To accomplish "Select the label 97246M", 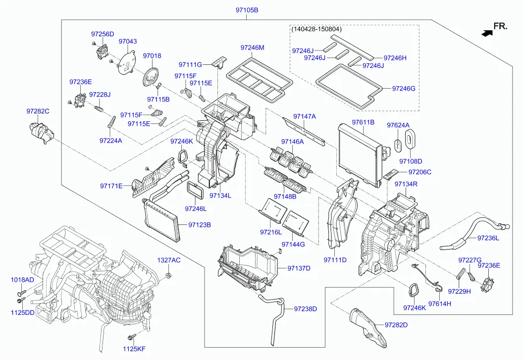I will pos(252,48).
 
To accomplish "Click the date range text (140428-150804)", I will pos(316,29).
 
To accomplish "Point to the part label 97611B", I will pos(363,122).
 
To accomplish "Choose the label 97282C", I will pos(38,111).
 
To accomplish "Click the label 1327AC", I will pos(169,260).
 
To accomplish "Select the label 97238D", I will pos(305,309).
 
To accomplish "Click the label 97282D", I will pos(396,325).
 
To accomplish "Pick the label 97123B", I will pos(200,225).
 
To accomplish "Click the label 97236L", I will pos(488,238).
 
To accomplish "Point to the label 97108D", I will pos(411,161).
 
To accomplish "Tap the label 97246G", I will pos(404,88).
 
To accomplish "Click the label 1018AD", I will pos(22,280).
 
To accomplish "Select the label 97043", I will pos(127,42).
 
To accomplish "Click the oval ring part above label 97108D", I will pos(411,139).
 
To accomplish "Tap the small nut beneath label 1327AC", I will pos(169,275).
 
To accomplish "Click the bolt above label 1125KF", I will pos(131,337).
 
